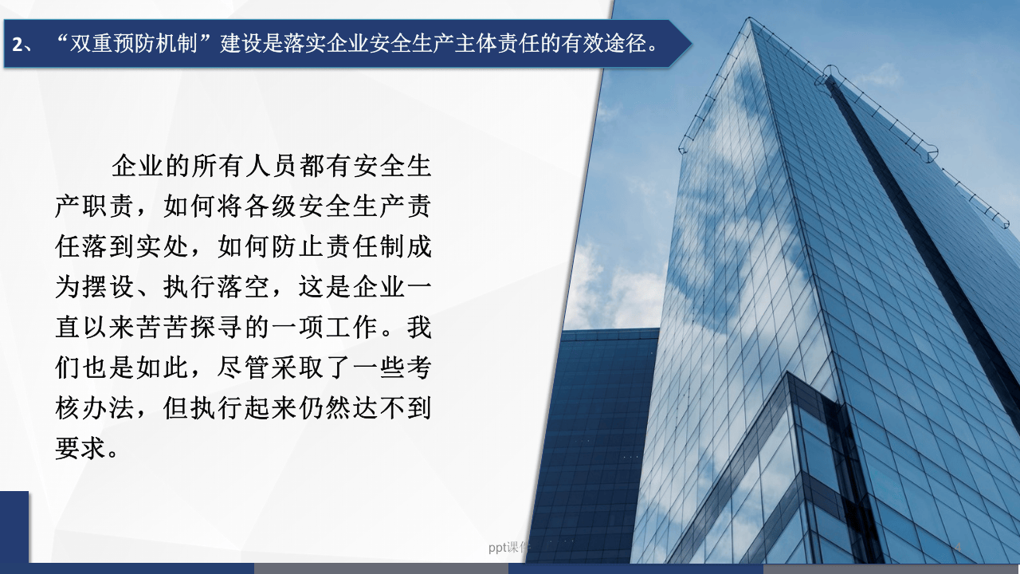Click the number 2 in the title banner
[18, 44]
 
